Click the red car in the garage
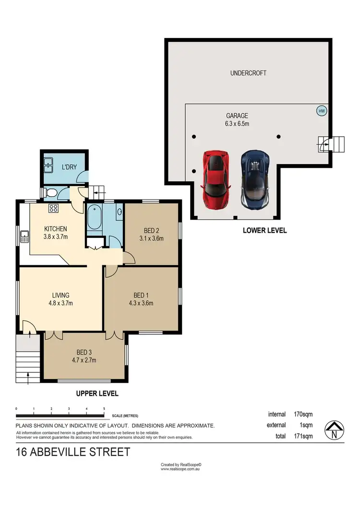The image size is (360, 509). click(x=216, y=180)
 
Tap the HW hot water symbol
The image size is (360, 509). click(x=321, y=111)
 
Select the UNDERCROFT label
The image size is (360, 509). click(x=248, y=73)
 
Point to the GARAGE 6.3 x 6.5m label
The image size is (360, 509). click(x=238, y=119)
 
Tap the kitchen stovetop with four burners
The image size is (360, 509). click(x=53, y=209)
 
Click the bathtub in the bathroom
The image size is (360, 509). click(x=94, y=218)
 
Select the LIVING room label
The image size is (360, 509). click(x=60, y=295)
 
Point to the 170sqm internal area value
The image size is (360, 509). click(x=303, y=414)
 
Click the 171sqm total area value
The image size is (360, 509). click(x=303, y=436)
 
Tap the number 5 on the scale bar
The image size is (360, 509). click(x=104, y=409)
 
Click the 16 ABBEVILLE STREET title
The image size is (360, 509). click(x=73, y=452)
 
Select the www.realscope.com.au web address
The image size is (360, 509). click(x=180, y=469)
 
